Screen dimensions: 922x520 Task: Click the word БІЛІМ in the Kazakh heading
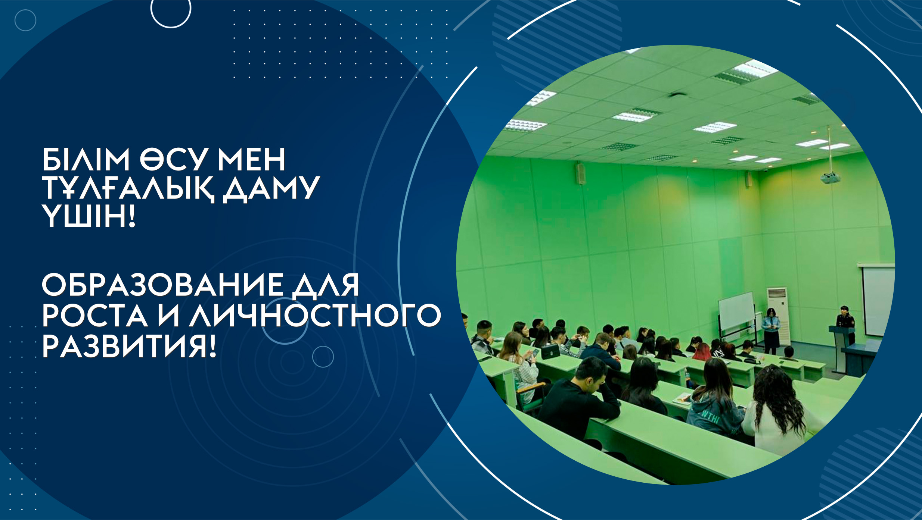tap(86, 159)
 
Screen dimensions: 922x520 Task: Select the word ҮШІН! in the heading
tap(89, 216)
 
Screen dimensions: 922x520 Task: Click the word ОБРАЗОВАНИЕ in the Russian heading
tap(162, 285)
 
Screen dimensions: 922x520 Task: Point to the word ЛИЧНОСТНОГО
tap(315, 316)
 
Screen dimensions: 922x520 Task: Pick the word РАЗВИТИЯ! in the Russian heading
tap(129, 347)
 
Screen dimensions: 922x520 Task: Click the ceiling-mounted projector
tap(830, 177)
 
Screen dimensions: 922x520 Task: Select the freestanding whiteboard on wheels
tap(737, 317)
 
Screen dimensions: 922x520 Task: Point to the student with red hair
tap(702, 352)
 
